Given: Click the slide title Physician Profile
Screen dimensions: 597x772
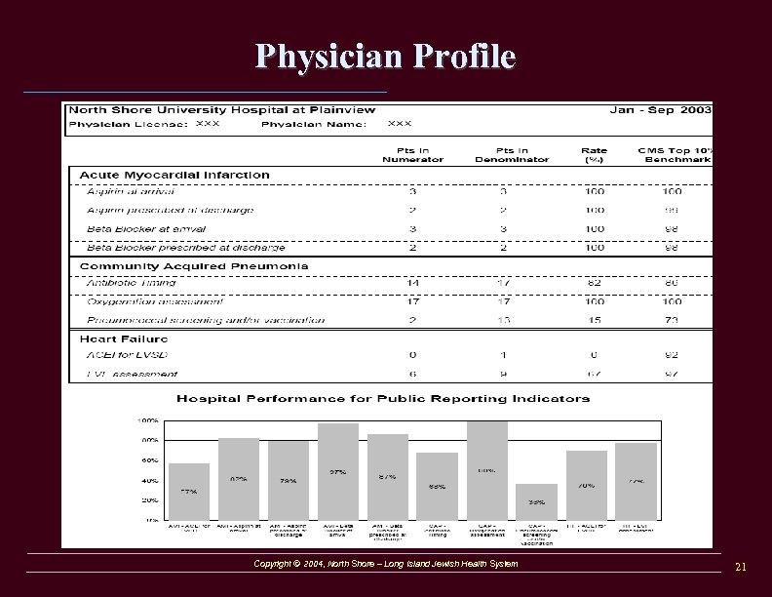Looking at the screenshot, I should pos(386,57).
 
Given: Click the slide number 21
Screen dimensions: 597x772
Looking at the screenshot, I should pos(740,567).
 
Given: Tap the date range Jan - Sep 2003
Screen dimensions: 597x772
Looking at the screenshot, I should pos(660,110).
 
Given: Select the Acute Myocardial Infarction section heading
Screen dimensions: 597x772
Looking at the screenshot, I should pos(174,175).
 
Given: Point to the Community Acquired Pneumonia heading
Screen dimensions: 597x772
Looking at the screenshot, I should pos(194,265).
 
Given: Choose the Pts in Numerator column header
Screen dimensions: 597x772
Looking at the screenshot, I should pos(412,155).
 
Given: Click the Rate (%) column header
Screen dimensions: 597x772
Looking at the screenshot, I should pos(594,155).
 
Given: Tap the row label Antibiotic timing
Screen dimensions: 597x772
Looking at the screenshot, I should pos(132,283).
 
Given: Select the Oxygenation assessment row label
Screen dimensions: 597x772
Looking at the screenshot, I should pos(155,301).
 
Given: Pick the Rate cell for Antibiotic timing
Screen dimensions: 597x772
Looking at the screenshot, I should pos(594,283).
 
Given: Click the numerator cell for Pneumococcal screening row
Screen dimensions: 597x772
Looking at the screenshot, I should pos(412,320).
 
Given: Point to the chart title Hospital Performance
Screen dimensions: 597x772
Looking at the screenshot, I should pos(382,398).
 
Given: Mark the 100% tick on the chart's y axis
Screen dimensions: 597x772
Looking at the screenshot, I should pos(148,421).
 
